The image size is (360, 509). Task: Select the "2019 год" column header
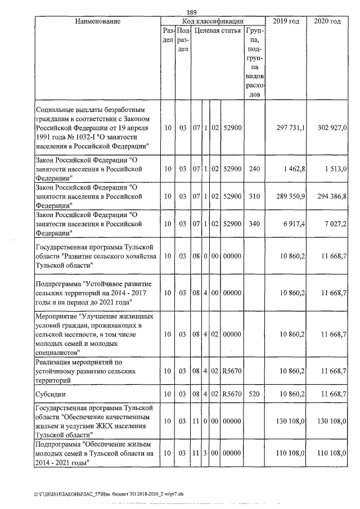285,21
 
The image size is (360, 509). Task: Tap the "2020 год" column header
327,21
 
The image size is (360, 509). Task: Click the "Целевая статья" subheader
218,30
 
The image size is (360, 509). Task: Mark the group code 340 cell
254,224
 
